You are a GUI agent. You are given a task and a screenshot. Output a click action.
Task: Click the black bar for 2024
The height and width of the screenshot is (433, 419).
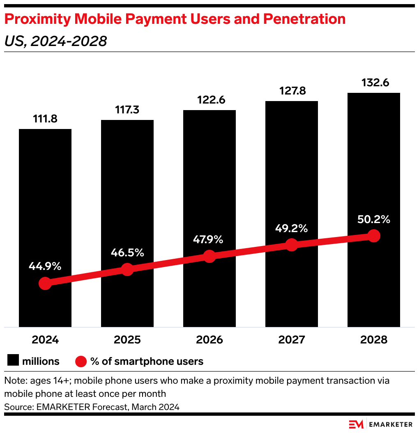click(x=45, y=205)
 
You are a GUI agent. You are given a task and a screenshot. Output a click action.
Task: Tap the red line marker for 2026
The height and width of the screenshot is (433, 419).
click(x=209, y=256)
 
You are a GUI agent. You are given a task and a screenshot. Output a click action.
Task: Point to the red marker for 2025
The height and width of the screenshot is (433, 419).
click(x=127, y=269)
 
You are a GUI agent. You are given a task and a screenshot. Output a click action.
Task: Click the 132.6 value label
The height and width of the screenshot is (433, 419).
click(x=373, y=83)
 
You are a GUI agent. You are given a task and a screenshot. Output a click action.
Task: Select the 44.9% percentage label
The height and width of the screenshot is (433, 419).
click(x=45, y=266)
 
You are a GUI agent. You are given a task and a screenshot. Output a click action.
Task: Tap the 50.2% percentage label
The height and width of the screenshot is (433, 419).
click(x=373, y=219)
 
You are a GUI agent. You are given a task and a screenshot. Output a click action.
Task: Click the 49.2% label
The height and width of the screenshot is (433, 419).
click(x=291, y=228)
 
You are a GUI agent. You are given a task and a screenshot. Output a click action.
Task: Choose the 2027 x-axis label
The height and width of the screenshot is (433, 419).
click(x=291, y=340)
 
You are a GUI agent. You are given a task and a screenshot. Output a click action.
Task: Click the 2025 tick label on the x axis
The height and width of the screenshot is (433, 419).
click(x=127, y=340)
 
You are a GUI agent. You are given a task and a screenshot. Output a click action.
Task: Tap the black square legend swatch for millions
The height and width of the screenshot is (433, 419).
click(x=13, y=361)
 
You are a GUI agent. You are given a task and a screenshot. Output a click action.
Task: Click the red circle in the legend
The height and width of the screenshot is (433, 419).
click(x=81, y=362)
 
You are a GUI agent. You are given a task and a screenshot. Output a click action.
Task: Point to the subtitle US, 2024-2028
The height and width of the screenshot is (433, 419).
click(x=55, y=41)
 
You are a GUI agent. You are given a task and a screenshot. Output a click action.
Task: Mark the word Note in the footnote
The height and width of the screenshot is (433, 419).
click(x=14, y=381)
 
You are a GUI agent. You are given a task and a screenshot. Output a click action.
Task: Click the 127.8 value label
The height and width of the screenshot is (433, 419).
click(x=291, y=91)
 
